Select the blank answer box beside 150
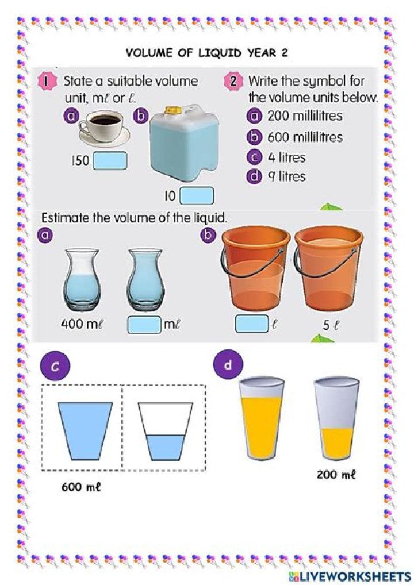(x=110, y=161)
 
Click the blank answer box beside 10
(x=197, y=196)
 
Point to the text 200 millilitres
(x=305, y=116)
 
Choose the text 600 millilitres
(x=305, y=137)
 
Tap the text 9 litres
(x=286, y=176)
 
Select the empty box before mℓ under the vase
(x=144, y=325)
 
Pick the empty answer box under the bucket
(x=252, y=324)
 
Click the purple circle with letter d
(x=228, y=364)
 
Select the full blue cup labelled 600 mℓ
(x=85, y=431)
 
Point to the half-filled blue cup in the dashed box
(x=166, y=431)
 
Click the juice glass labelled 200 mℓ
(x=337, y=418)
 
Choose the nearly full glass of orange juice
(x=262, y=418)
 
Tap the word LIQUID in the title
(x=220, y=53)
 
